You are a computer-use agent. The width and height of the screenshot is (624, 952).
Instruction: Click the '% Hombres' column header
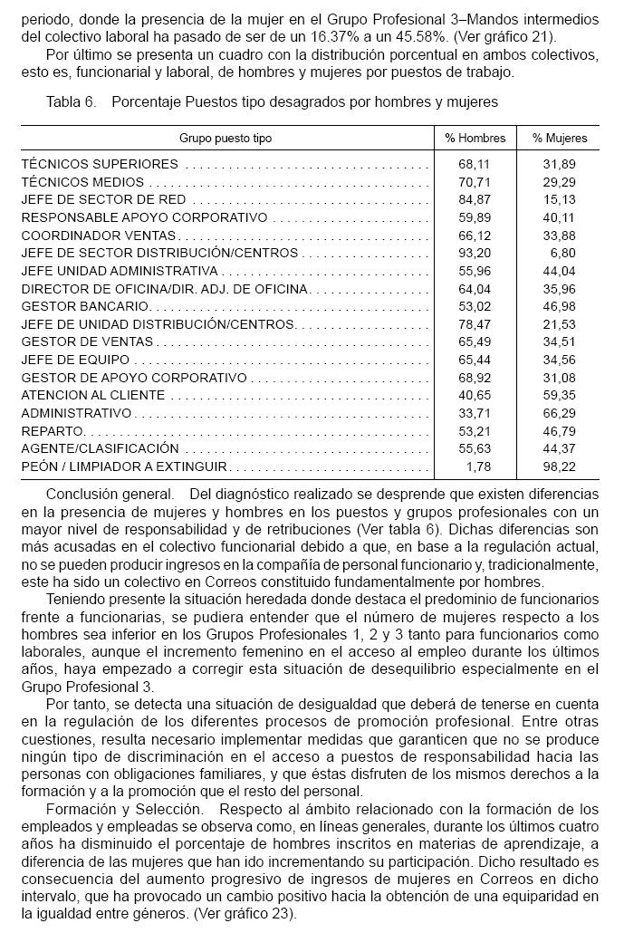pyautogui.click(x=475, y=139)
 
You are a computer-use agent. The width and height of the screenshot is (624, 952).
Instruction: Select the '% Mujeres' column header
pyautogui.click(x=559, y=139)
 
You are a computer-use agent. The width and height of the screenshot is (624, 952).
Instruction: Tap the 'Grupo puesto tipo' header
pyautogui.click(x=225, y=139)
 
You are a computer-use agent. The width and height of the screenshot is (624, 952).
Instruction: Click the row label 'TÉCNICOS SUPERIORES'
pyautogui.click(x=100, y=165)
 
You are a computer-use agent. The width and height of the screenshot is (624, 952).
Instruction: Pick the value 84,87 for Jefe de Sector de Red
pyautogui.click(x=475, y=199)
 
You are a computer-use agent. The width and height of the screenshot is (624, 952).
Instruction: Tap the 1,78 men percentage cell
pyautogui.click(x=478, y=466)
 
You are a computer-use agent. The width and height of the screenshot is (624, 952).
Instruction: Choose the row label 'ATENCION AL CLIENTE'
pyautogui.click(x=93, y=395)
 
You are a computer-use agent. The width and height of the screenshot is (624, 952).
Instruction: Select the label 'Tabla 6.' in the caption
pyautogui.click(x=71, y=102)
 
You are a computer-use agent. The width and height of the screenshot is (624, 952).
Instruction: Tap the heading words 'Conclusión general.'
pyautogui.click(x=109, y=495)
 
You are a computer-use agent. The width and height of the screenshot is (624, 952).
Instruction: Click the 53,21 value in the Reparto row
pyautogui.click(x=475, y=431)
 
